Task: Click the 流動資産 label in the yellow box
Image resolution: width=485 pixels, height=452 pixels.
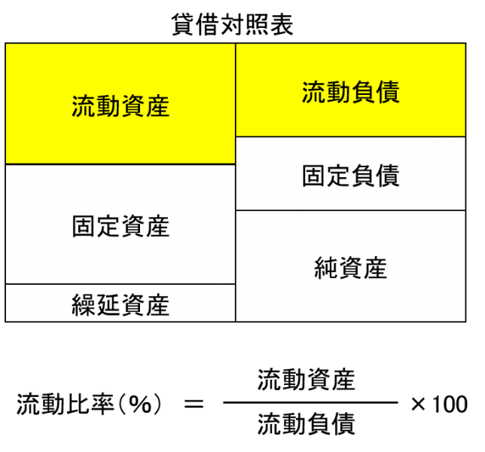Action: coord(120,106)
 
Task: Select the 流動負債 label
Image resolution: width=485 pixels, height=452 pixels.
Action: coord(350,93)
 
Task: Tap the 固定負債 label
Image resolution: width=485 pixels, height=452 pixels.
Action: coord(350,176)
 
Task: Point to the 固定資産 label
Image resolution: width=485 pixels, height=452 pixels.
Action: coord(120,226)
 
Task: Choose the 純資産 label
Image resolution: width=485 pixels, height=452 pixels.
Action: coord(350,268)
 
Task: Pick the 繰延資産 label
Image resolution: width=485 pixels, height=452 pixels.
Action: coord(120,305)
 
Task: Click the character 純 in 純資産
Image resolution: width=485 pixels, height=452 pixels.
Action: coord(326,268)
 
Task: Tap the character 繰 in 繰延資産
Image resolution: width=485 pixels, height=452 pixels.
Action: coord(84,305)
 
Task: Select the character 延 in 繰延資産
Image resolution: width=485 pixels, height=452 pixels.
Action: coord(108,305)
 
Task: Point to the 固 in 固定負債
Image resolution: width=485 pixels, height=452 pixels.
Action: coord(314,176)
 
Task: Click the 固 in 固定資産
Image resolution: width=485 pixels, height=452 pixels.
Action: coord(84,226)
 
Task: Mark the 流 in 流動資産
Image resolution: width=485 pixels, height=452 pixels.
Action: coord(84,106)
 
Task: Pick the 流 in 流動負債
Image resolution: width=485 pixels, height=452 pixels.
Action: coord(314,93)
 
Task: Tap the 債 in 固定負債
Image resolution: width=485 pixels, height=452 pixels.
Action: coord(387,176)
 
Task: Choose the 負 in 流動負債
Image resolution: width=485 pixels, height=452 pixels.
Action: coord(363,93)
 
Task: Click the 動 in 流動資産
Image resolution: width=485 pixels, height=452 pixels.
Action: coord(108,106)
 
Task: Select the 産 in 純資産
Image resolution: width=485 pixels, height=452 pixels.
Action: coord(375,268)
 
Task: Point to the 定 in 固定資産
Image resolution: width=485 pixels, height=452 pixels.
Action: coord(108,226)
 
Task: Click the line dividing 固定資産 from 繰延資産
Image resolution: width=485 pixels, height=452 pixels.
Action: coord(120,284)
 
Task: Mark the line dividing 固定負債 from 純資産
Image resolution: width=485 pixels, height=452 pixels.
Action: coord(350,210)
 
